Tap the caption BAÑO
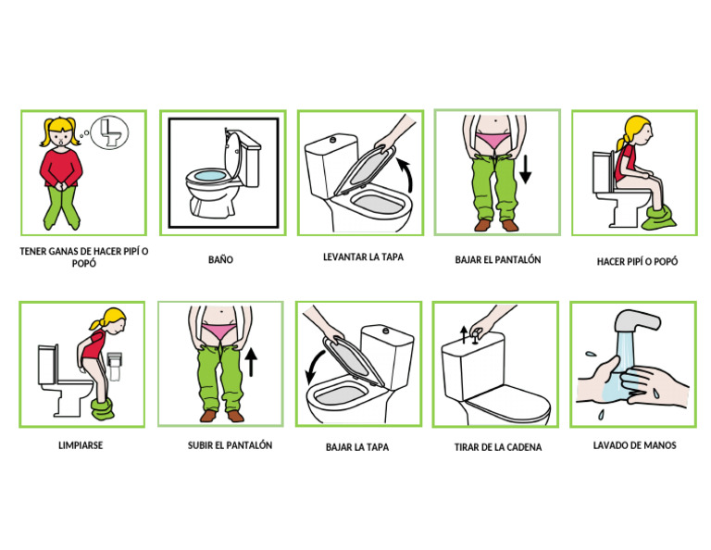coord(220,260)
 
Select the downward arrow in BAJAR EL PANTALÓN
coord(525,169)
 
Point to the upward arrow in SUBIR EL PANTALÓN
coord(251,361)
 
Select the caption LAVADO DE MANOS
coord(634,445)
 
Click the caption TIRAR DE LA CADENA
coord(497,447)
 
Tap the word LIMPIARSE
coord(81,445)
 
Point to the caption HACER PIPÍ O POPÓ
coord(637,261)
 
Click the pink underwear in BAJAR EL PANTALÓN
coord(496,141)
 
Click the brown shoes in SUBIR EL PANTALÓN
coord(222,416)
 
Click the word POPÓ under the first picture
coord(82,264)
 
